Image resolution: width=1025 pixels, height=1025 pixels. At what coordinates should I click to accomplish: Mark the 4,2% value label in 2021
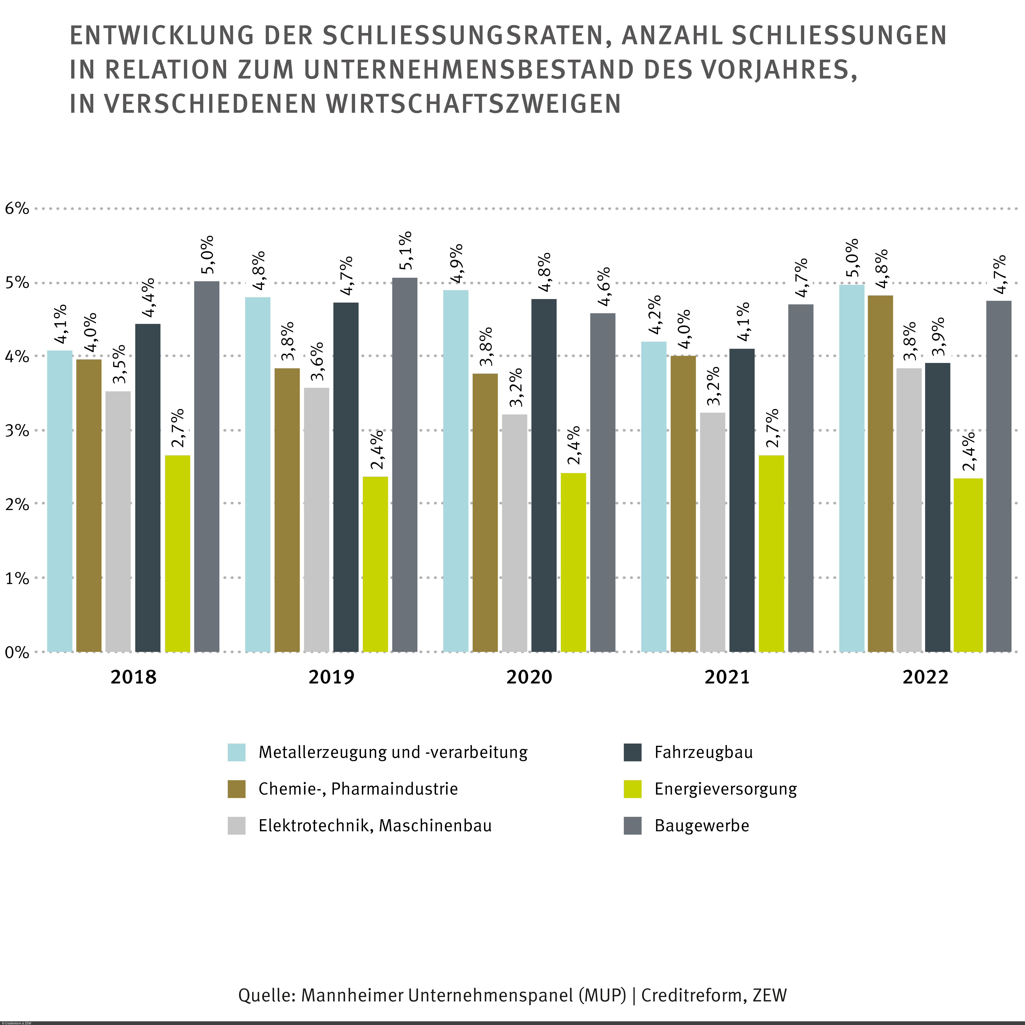[654, 315]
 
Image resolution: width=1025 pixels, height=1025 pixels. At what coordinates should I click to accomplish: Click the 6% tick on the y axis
[17, 208]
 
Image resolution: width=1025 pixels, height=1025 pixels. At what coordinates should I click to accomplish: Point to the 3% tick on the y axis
[17, 430]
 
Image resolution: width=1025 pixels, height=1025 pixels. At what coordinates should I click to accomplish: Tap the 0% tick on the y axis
[17, 653]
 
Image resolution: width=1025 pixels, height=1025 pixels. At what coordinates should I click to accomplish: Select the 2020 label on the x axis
[529, 678]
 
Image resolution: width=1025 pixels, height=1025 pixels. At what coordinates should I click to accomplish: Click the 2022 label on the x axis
[925, 678]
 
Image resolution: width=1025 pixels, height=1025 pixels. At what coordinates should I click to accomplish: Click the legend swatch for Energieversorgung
[632, 789]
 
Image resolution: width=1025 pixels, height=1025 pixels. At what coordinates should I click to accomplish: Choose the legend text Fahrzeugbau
[704, 752]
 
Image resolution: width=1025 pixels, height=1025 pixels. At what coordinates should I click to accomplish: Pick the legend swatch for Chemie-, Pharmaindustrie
[237, 789]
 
